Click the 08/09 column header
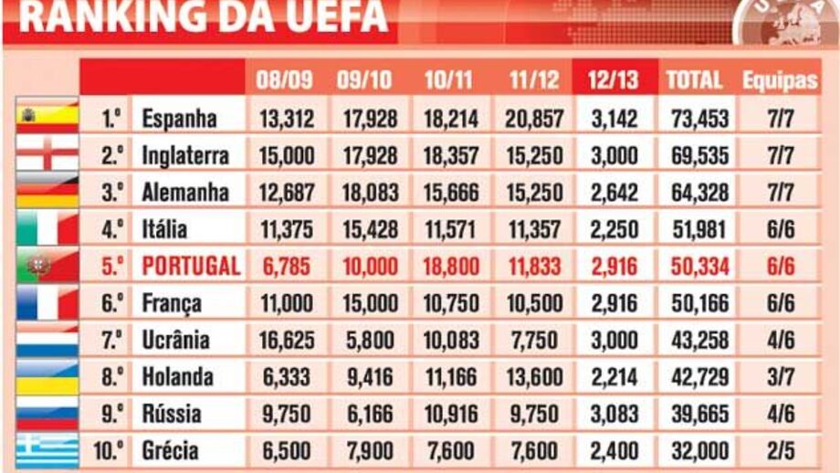pos(284,79)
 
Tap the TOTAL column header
pos(694,79)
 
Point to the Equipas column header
pos(779,79)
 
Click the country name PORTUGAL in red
pos(191,266)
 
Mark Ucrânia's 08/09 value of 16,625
pos(285,340)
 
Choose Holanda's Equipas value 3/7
pos(779,376)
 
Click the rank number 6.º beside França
pos(112,303)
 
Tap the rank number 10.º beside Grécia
pos(109,450)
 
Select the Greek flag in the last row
pos(47,449)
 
